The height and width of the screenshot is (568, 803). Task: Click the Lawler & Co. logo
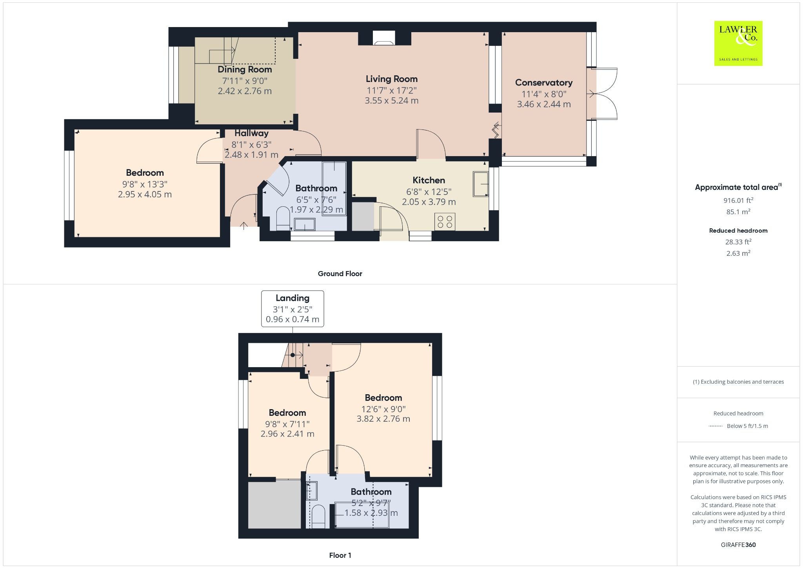tap(738, 43)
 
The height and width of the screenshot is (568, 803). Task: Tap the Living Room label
tap(391, 79)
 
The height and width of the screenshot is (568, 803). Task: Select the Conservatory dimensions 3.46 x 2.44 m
tap(543, 104)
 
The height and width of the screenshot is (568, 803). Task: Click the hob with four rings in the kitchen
tap(445, 222)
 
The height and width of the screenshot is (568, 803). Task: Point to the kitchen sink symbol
tap(480, 184)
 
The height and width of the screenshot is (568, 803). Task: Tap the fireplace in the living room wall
tap(384, 38)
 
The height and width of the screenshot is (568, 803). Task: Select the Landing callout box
tap(292, 309)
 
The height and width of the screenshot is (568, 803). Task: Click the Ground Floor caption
tap(340, 274)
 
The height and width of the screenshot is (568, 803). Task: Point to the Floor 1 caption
tap(340, 555)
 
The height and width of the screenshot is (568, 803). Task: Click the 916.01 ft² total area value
tap(738, 200)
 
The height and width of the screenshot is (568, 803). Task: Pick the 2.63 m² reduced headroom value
tap(738, 253)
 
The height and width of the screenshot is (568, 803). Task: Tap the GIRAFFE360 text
tap(738, 545)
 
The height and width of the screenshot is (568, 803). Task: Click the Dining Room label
tap(245, 69)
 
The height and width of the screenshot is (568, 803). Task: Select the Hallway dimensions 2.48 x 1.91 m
tap(251, 155)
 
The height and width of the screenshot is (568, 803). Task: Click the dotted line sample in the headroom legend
tap(716, 426)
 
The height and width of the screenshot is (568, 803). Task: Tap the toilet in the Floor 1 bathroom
tap(318, 517)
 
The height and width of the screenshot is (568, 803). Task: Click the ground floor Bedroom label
tap(145, 173)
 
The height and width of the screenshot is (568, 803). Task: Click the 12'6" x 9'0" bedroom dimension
tap(383, 409)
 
